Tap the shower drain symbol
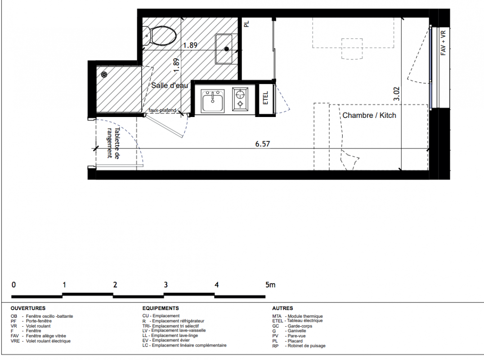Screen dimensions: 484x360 click(104, 74)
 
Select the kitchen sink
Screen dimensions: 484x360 click(213, 101)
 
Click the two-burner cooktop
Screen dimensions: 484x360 click(240, 99)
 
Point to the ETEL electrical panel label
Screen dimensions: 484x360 click(265, 98)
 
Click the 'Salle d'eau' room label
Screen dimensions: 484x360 click(170, 85)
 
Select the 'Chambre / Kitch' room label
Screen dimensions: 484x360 click(369, 115)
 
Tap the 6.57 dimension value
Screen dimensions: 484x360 click(263, 144)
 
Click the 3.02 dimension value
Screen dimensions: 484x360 click(397, 94)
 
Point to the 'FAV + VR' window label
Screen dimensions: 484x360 click(443, 43)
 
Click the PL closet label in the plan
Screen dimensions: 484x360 click(246, 24)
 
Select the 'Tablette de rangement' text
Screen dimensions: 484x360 click(113, 143)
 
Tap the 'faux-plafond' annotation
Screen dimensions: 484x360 click(162, 110)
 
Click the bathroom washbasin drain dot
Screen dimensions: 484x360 click(227, 49)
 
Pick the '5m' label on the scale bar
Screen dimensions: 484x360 click(270, 285)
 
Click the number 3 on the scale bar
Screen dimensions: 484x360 click(166, 285)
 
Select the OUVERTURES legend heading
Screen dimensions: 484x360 click(28, 308)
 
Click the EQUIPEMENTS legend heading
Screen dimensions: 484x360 click(161, 308)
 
